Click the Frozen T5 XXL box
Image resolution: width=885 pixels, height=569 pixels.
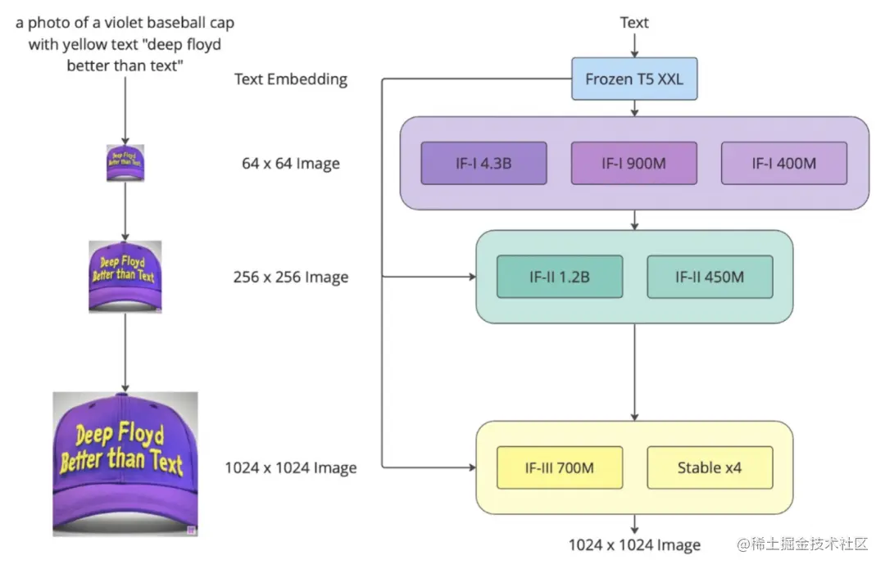coord(634,79)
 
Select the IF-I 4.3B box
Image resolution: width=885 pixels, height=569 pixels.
coord(483,163)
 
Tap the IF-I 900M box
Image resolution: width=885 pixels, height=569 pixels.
coord(634,163)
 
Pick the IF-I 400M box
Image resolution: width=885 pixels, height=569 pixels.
coord(784,163)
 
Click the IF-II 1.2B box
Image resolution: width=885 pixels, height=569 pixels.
coord(560,277)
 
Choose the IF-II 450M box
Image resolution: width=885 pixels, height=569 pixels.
coord(710,277)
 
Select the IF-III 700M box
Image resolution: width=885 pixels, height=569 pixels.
coord(560,467)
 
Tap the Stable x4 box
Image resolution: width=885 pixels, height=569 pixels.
coord(710,467)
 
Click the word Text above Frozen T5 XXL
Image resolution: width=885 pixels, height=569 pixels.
coord(634,22)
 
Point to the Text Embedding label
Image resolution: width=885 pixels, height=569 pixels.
coord(291,79)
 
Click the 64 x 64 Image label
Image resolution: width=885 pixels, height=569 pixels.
coord(291,164)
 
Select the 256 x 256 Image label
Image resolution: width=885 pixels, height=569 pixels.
coord(291,278)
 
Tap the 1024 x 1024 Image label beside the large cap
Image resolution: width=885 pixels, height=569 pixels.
coord(291,468)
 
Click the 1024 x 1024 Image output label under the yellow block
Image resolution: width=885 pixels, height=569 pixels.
coord(635,545)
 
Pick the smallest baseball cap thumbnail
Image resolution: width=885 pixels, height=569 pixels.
coord(125,163)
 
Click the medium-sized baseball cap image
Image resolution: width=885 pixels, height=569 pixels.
coord(125,277)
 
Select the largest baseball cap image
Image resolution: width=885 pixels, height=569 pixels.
coord(125,464)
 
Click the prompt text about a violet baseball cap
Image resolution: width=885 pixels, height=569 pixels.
coord(125,44)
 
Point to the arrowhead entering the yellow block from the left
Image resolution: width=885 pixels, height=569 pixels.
coord(472,468)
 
